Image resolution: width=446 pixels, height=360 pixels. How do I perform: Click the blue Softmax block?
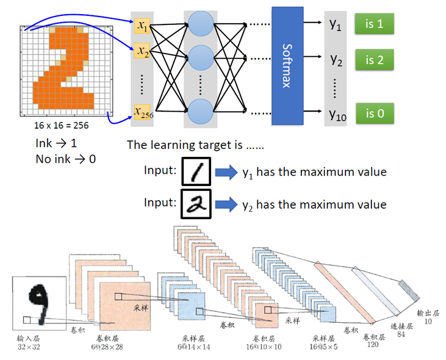[x=286, y=65]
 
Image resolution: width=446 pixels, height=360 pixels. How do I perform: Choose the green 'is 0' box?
[x=374, y=113]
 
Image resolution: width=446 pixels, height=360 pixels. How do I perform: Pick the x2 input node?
[x=143, y=51]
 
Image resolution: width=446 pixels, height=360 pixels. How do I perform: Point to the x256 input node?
[x=143, y=112]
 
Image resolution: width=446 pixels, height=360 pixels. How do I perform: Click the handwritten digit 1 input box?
[x=197, y=172]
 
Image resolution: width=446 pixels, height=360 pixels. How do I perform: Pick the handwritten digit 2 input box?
[x=197, y=204]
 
